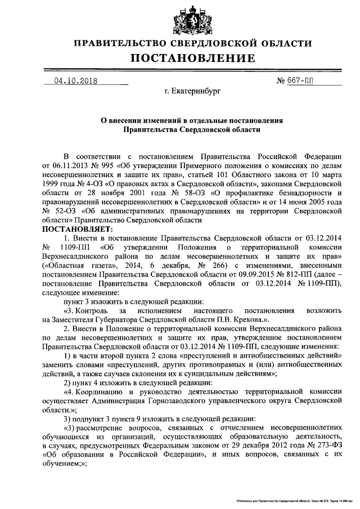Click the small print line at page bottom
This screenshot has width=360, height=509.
(293, 499)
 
